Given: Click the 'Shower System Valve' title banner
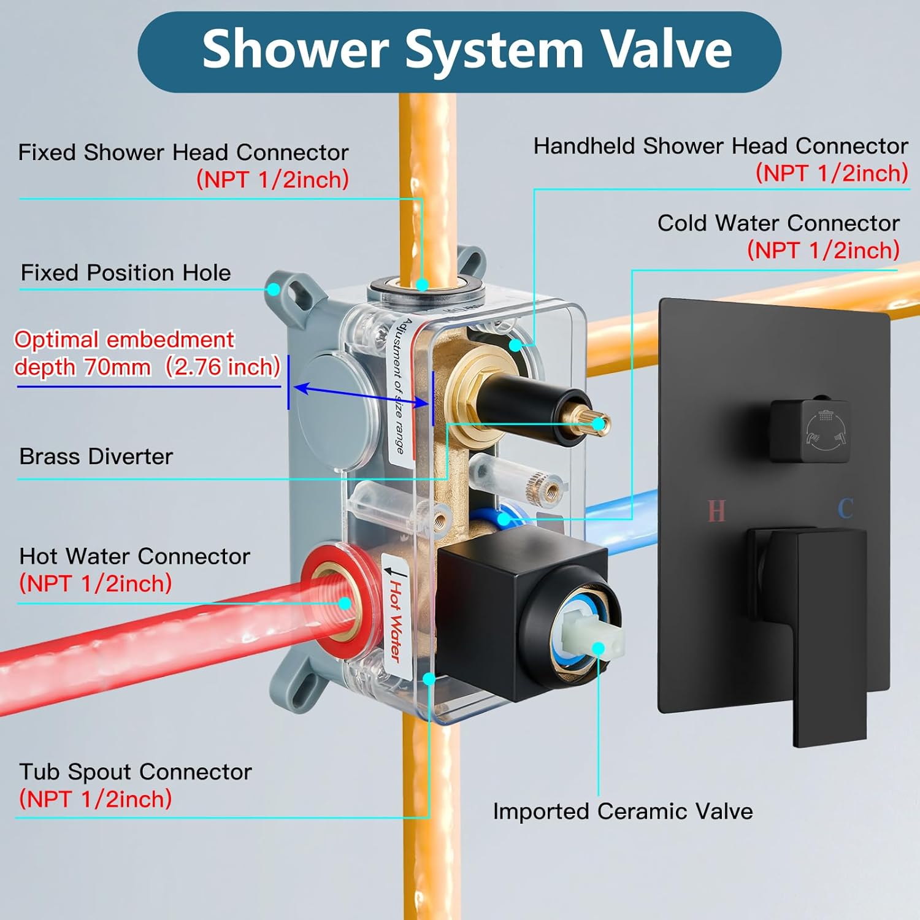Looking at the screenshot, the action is coord(459,52).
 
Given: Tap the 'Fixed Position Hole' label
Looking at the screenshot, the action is coord(126,272).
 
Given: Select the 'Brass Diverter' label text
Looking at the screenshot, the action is coord(96,456).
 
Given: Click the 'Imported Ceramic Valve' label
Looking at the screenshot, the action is coord(623,811).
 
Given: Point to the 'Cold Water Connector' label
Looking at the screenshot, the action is coord(778,223).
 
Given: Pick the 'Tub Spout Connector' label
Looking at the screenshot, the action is coord(135,772).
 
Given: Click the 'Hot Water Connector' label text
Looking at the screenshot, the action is coord(134,556).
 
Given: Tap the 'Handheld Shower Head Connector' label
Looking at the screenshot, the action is coord(721,146).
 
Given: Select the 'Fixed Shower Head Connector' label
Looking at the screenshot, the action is coord(183,152).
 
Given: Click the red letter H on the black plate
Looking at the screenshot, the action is coord(716,510).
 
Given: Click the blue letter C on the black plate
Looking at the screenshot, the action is coord(846,508).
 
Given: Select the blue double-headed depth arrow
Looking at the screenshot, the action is coord(361,396).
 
